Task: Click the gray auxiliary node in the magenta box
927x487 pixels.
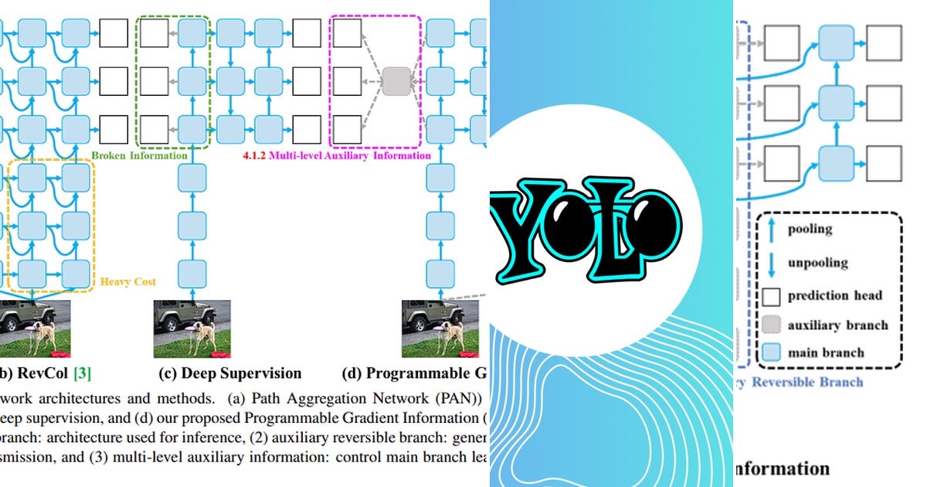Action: pos(396,80)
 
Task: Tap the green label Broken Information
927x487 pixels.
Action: pos(139,155)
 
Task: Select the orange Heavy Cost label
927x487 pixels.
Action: pos(127,282)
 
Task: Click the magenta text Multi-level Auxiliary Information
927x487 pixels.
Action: pos(332,155)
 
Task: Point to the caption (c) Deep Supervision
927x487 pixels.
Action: pos(229,373)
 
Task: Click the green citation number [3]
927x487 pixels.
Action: pos(82,373)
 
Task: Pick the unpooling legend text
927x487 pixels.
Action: pos(817,262)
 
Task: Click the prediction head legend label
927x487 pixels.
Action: pos(835,295)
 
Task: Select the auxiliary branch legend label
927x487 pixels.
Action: pos(837,325)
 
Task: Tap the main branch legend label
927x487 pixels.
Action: pos(826,353)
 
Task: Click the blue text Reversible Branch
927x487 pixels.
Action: pos(807,382)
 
